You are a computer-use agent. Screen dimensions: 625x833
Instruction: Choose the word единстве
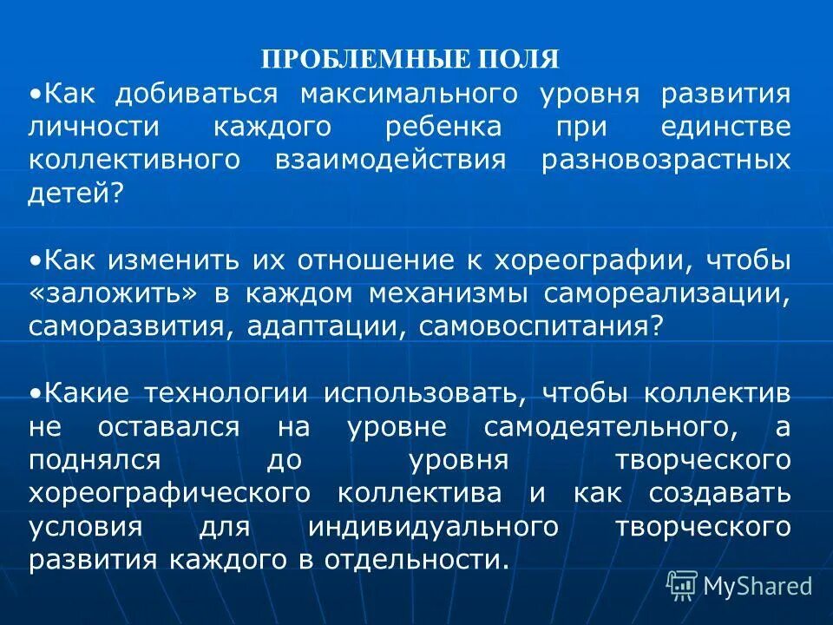[x=725, y=126]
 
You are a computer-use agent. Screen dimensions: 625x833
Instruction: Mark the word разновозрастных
[x=666, y=160]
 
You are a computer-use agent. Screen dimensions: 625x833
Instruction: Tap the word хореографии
[x=593, y=260]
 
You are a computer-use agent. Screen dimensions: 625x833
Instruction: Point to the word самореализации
[x=666, y=293]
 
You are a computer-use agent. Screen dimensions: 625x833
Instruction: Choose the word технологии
[x=223, y=392]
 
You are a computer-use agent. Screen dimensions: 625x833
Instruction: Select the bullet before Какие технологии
[x=34, y=393]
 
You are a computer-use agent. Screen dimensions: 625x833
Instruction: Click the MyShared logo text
[x=757, y=586]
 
